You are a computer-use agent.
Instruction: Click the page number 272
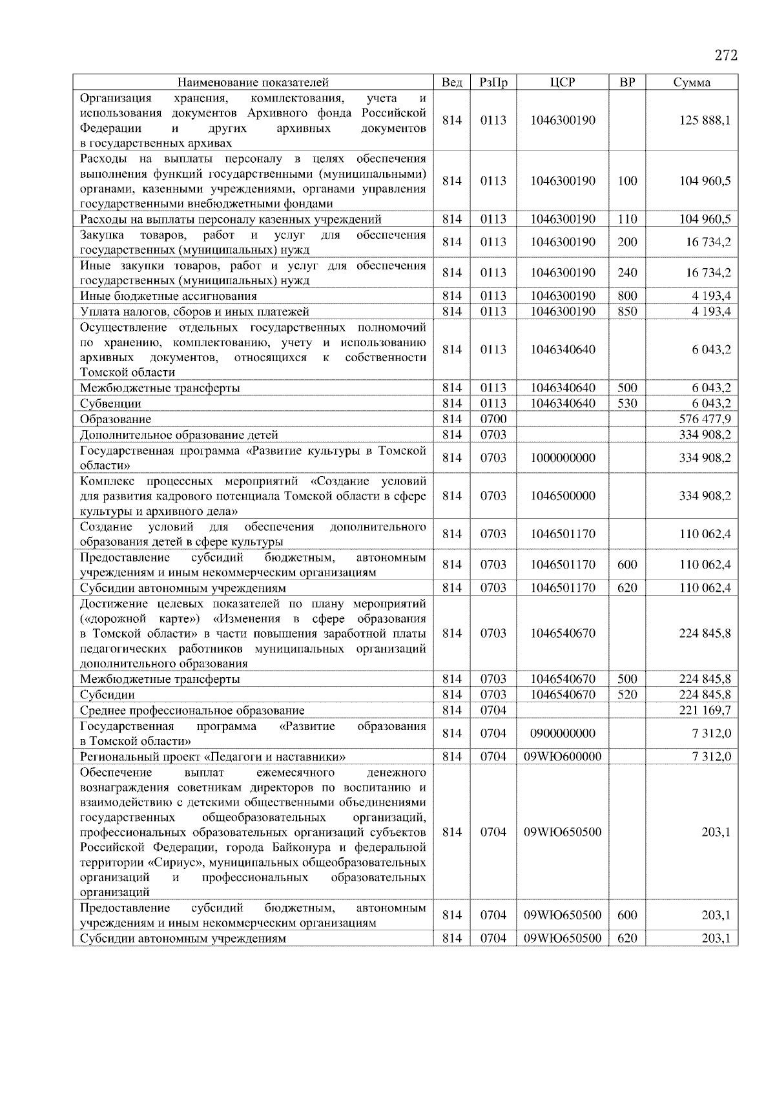click(x=726, y=56)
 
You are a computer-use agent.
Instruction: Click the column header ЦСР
click(x=562, y=82)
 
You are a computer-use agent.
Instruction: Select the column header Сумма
click(x=692, y=82)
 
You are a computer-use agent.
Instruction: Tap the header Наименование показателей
click(x=253, y=82)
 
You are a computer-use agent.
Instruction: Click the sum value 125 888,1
click(x=705, y=120)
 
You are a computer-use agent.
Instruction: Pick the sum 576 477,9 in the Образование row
click(x=705, y=419)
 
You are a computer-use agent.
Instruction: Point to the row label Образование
click(x=116, y=419)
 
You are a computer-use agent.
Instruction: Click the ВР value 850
click(x=626, y=311)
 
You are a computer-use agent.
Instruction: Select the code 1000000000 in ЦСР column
click(x=563, y=457)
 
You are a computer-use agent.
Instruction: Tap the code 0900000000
click(x=563, y=733)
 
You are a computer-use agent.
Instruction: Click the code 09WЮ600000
click(x=563, y=757)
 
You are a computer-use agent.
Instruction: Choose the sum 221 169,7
click(x=705, y=710)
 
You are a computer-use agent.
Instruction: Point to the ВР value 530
click(x=626, y=403)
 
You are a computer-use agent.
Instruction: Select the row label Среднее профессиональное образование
click(x=192, y=710)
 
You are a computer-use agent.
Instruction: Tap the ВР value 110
click(x=626, y=219)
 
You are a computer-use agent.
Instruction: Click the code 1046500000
click(x=563, y=496)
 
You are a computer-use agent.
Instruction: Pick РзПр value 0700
click(x=493, y=419)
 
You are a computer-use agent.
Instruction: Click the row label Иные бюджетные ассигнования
click(x=168, y=296)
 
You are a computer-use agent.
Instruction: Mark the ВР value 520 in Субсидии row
click(x=626, y=695)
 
